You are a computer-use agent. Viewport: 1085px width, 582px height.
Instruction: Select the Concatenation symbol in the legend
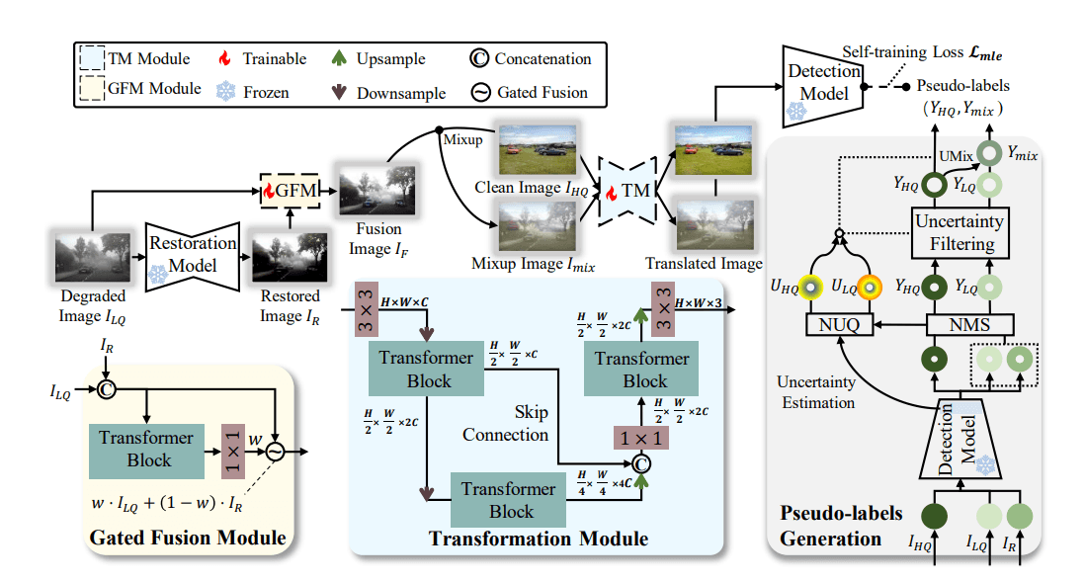(479, 59)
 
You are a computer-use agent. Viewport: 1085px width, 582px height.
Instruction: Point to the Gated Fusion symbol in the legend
(479, 93)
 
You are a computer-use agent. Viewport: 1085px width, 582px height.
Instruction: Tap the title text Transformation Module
(538, 539)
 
